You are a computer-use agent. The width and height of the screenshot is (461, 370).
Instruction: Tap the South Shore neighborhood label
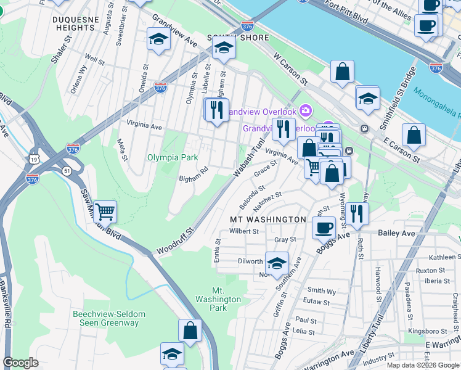[x=247, y=38]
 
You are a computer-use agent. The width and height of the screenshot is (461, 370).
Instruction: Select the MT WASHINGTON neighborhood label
[x=267, y=220]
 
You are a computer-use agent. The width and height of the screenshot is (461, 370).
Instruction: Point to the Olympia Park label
[x=172, y=157]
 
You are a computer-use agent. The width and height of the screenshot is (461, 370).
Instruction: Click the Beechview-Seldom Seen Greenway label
[x=109, y=318]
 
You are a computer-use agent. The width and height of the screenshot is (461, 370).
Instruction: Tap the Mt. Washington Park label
[x=226, y=298]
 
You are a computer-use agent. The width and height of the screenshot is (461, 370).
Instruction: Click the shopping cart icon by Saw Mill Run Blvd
[x=105, y=212]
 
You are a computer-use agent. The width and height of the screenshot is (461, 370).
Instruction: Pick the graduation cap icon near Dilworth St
[x=277, y=263]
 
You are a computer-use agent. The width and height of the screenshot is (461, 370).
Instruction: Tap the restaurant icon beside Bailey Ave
[x=357, y=213]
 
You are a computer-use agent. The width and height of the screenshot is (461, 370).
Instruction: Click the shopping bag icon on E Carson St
[x=414, y=134]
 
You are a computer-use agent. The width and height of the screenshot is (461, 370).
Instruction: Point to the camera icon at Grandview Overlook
[x=306, y=111]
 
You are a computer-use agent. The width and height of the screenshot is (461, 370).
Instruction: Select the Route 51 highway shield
[x=65, y=169]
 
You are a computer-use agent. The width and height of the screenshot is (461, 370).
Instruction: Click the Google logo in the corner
[x=21, y=363]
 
